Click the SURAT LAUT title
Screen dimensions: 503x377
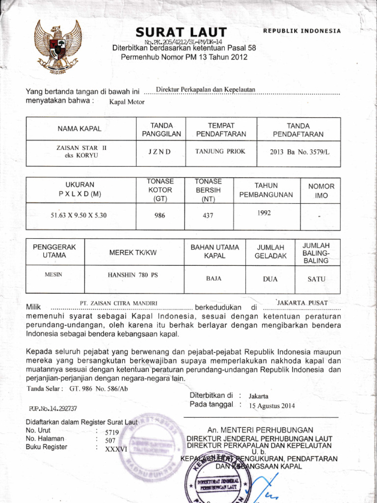(x=181, y=32)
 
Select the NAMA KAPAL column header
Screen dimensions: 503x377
(x=79, y=129)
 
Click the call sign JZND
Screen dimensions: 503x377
(x=160, y=152)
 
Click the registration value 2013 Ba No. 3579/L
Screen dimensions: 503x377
(x=299, y=152)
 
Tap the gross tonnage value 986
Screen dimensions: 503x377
(x=160, y=215)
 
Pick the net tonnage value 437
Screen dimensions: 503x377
(x=207, y=215)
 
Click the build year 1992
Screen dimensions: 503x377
(x=264, y=213)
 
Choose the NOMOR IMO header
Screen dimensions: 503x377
(x=321, y=191)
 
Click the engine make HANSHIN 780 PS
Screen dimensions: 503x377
(x=133, y=275)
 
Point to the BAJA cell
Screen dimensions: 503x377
(x=214, y=279)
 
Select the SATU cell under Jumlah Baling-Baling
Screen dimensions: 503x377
(x=316, y=279)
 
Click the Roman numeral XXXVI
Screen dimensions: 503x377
(x=116, y=448)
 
